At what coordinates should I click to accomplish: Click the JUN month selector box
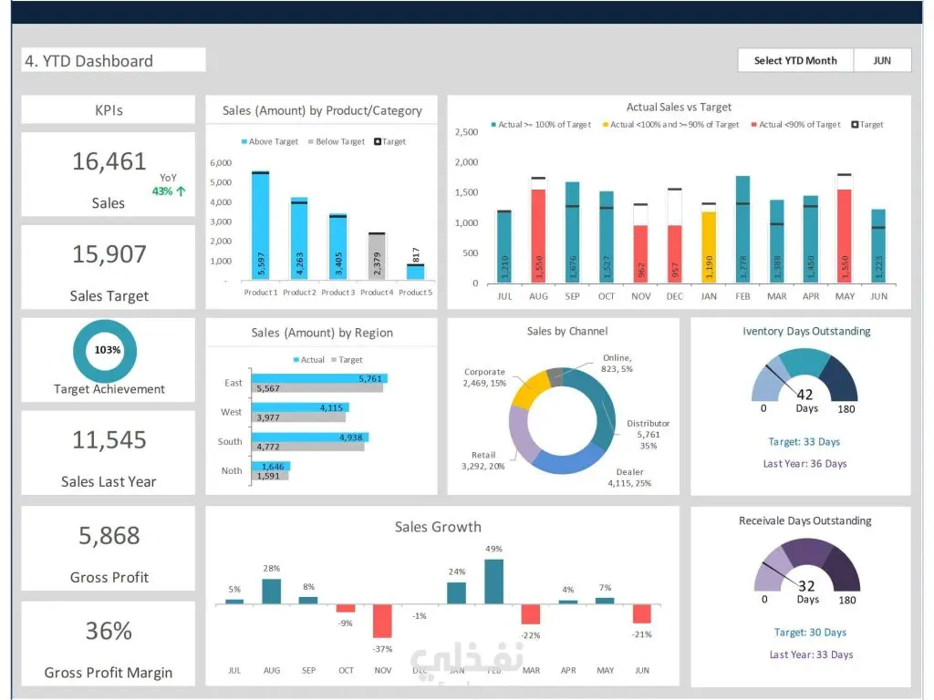pos(882,60)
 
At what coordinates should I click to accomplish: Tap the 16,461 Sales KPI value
pos(109,161)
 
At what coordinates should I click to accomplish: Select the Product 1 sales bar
pos(260,226)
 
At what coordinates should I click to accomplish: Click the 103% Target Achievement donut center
pos(107,350)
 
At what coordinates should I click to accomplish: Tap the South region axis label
pos(230,441)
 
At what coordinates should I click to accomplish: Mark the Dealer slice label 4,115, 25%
pos(629,478)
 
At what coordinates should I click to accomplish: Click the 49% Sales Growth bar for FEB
pos(494,581)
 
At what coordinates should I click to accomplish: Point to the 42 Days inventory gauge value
pos(805,395)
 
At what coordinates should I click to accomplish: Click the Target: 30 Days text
pos(810,633)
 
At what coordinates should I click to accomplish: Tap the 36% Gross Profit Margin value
pos(109,631)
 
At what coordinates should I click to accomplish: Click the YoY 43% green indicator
pos(170,191)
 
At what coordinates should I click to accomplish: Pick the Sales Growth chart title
pos(438,527)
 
